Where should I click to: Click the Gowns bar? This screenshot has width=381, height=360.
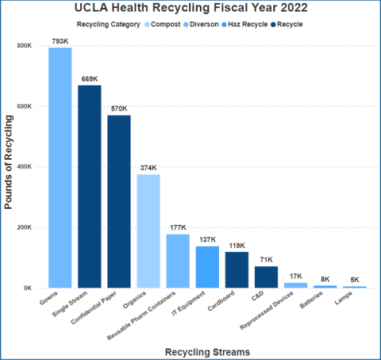click(x=60, y=168)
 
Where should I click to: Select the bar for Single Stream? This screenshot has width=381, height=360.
click(x=90, y=186)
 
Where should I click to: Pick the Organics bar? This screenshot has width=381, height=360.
click(x=148, y=231)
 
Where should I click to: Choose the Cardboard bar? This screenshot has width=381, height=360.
click(x=237, y=269)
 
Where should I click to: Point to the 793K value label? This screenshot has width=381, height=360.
click(x=60, y=41)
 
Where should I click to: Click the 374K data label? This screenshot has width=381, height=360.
click(x=148, y=168)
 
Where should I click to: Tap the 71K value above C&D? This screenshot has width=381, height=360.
click(x=266, y=260)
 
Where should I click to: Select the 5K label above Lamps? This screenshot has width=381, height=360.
click(x=354, y=280)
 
